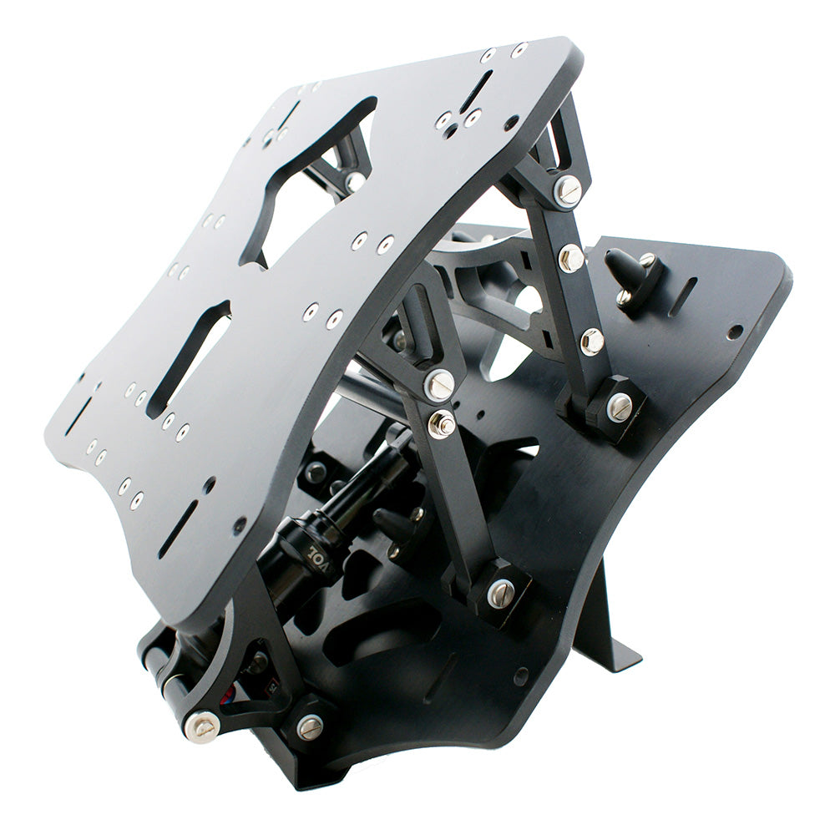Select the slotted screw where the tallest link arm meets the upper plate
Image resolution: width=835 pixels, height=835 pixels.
[568, 190]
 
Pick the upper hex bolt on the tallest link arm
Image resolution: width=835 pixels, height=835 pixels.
[571, 257]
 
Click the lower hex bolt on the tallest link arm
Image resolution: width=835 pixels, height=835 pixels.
[591, 340]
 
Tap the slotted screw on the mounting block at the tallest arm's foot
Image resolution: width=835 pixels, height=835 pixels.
[619, 407]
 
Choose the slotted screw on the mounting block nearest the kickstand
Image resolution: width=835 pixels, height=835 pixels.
[500, 592]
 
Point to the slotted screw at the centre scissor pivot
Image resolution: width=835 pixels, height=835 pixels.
[439, 383]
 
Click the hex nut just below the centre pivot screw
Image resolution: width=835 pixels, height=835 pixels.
[442, 423]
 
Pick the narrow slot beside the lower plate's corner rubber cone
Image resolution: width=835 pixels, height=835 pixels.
[683, 296]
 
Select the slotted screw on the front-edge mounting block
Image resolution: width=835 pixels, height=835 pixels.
[310, 726]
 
